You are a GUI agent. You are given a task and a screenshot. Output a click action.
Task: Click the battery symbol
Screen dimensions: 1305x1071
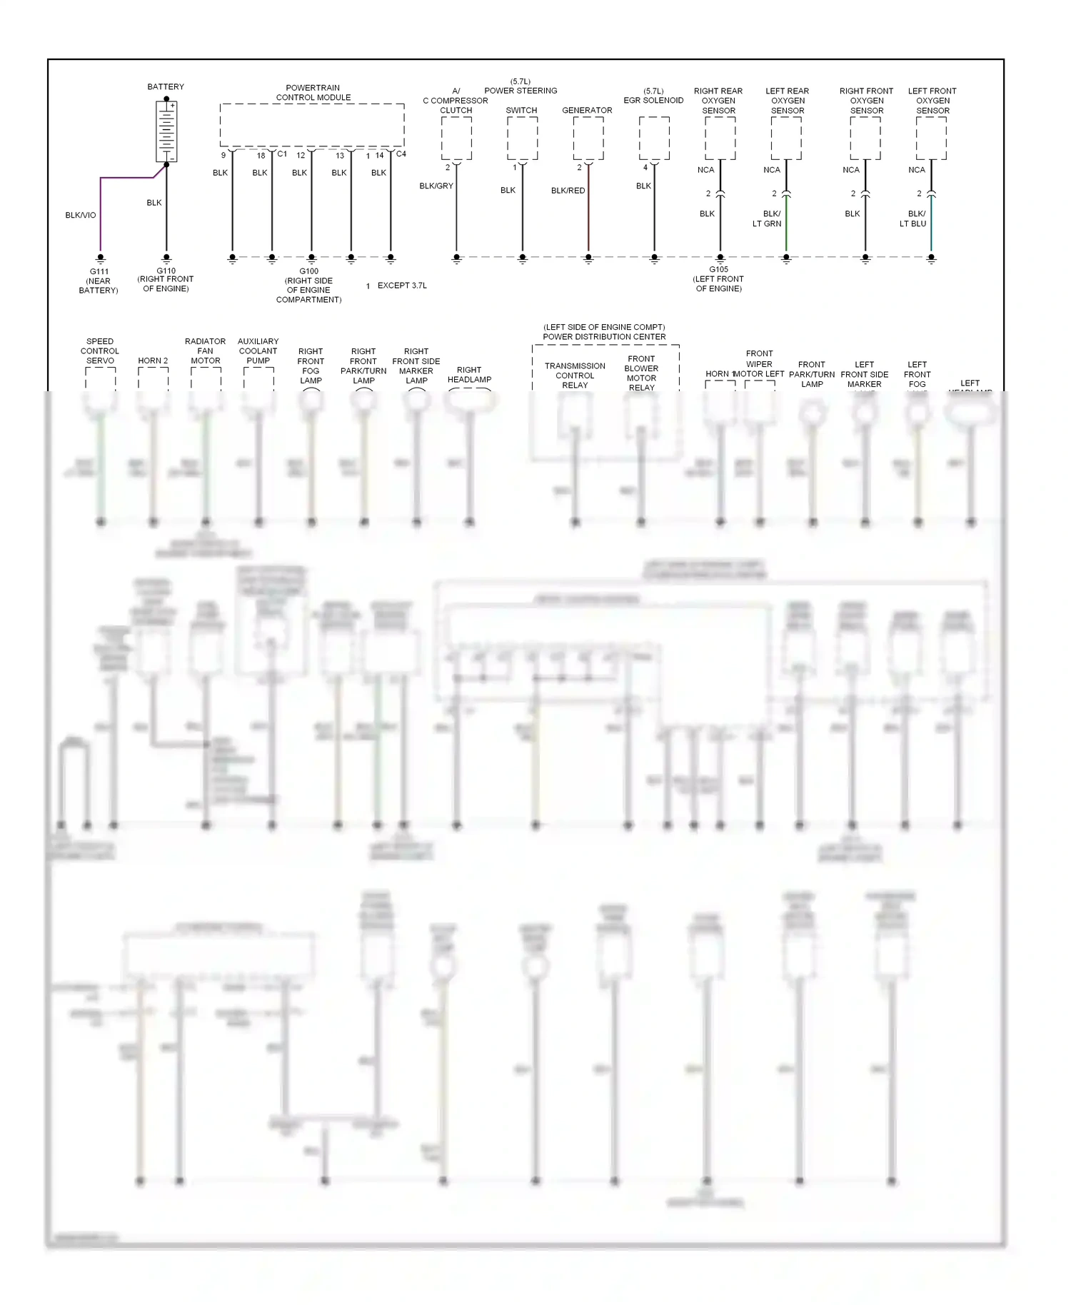pyautogui.click(x=166, y=131)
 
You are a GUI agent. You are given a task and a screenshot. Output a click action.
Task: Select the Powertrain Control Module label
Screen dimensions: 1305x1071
pyautogui.click(x=313, y=93)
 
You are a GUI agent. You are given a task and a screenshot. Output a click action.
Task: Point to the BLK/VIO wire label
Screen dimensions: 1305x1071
pyautogui.click(x=80, y=215)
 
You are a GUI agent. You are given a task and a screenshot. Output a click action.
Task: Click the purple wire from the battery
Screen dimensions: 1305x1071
pyautogui.click(x=101, y=214)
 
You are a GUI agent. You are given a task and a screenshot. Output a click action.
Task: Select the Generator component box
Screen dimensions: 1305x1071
pyautogui.click(x=588, y=138)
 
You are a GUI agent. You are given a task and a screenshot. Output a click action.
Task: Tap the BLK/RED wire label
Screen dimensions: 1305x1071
pyautogui.click(x=568, y=191)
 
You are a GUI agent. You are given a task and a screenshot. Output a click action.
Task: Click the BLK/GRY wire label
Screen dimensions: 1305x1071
pyautogui.click(x=436, y=186)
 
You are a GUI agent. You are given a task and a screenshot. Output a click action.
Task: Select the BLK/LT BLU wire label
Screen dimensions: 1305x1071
pyautogui.click(x=913, y=218)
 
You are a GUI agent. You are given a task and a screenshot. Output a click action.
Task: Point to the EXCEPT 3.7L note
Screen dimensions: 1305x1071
pyautogui.click(x=401, y=286)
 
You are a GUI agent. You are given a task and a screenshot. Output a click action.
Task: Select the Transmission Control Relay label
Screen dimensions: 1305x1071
pyautogui.click(x=575, y=376)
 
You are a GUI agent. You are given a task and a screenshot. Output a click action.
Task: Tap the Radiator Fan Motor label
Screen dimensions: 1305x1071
pyautogui.click(x=205, y=351)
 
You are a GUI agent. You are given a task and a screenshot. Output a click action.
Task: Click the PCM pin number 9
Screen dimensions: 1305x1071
pyautogui.click(x=223, y=155)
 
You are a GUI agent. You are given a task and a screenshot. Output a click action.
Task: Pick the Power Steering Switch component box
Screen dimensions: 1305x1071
pyautogui.click(x=522, y=138)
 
